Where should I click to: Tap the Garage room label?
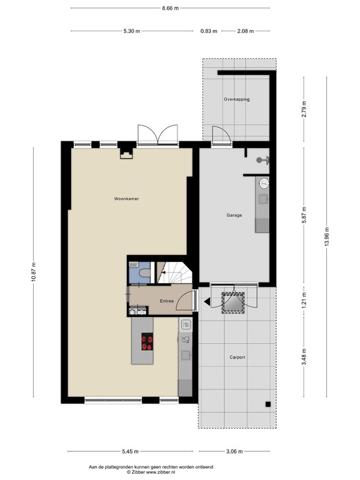point(234,215)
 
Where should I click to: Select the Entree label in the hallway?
point(167,301)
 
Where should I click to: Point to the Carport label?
point(237,357)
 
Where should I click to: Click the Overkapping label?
point(237,99)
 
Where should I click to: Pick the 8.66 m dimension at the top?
point(170,8)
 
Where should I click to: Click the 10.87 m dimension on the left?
point(34,272)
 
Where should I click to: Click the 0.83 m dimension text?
point(209,31)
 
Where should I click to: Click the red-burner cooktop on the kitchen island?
point(148,341)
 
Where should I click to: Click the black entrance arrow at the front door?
point(206,302)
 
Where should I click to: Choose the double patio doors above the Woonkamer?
point(158,133)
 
